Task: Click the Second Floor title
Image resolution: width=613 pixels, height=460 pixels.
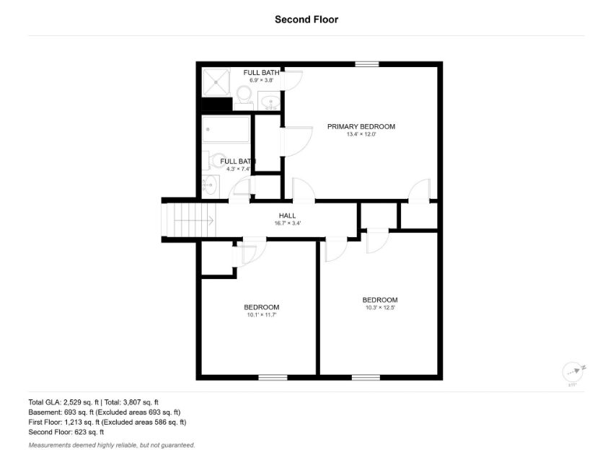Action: click(x=306, y=19)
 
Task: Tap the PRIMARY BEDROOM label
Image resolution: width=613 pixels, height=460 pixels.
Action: click(x=361, y=127)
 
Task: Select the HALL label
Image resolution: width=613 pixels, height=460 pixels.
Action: click(x=287, y=216)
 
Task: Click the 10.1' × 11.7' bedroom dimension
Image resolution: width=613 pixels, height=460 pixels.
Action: click(x=262, y=314)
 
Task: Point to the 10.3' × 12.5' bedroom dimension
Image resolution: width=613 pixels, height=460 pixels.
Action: click(x=380, y=308)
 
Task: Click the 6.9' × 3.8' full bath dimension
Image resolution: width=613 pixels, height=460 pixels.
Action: click(x=262, y=80)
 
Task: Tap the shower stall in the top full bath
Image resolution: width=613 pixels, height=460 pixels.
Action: click(x=216, y=82)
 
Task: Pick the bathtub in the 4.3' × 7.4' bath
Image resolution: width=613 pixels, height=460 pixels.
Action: click(x=226, y=129)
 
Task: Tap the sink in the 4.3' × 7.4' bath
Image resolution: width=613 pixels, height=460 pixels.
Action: click(x=211, y=185)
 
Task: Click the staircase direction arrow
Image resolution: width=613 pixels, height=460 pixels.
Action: click(x=193, y=221)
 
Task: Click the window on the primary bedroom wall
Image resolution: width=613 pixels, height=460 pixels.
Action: click(x=366, y=64)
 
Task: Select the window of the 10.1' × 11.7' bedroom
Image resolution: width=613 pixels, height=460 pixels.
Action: click(x=273, y=377)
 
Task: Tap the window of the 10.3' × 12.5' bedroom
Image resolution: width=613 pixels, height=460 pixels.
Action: click(x=366, y=377)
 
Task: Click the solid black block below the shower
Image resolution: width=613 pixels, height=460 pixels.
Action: click(x=216, y=104)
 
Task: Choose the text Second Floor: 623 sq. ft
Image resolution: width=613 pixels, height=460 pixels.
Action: click(x=66, y=433)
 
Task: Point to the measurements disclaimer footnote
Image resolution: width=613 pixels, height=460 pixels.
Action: click(x=112, y=445)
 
